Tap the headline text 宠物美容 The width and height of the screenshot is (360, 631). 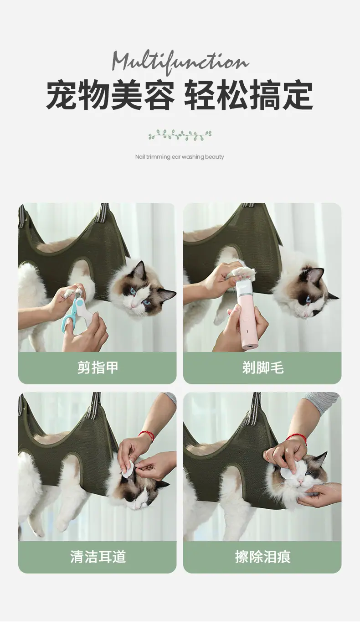[110, 95]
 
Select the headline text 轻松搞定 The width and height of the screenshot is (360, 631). [248, 95]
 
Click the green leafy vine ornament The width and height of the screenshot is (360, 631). [180, 135]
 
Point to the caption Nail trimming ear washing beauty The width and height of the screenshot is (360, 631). [180, 157]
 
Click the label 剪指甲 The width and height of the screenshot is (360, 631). [98, 367]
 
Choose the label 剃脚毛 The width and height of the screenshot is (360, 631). [263, 367]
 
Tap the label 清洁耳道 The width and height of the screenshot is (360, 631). [98, 557]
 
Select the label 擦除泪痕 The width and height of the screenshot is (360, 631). [263, 557]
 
